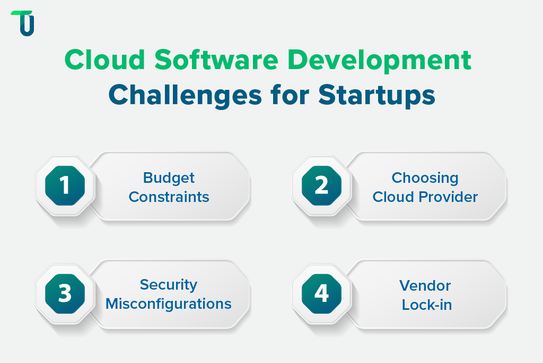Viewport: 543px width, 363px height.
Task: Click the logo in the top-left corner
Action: pos(23,23)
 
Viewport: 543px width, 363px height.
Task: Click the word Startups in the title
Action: pos(377,97)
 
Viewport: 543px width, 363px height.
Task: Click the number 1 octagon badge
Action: pos(65,186)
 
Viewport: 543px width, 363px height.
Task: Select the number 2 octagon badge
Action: pos(321,186)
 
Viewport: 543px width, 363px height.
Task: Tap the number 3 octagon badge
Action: pos(65,294)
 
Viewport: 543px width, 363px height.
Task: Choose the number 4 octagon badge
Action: pos(321,294)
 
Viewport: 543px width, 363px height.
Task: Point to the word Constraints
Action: pos(169,197)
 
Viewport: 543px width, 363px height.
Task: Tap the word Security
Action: pos(169,285)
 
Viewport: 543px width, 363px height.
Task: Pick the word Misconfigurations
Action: pos(169,304)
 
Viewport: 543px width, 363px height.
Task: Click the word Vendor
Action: pos(425,286)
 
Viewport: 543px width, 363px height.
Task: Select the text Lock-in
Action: pos(426,305)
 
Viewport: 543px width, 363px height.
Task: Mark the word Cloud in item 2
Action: pos(392,197)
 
